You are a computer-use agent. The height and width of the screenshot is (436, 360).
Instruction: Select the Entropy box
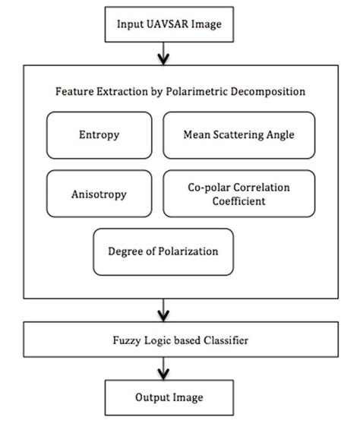click(x=98, y=135)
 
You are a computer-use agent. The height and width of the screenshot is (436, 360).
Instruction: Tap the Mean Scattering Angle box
click(x=238, y=135)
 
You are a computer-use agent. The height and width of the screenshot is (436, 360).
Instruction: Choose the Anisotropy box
click(x=98, y=194)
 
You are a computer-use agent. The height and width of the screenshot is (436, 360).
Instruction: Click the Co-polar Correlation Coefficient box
click(x=238, y=194)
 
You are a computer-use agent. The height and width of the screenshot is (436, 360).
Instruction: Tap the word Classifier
click(x=225, y=341)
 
